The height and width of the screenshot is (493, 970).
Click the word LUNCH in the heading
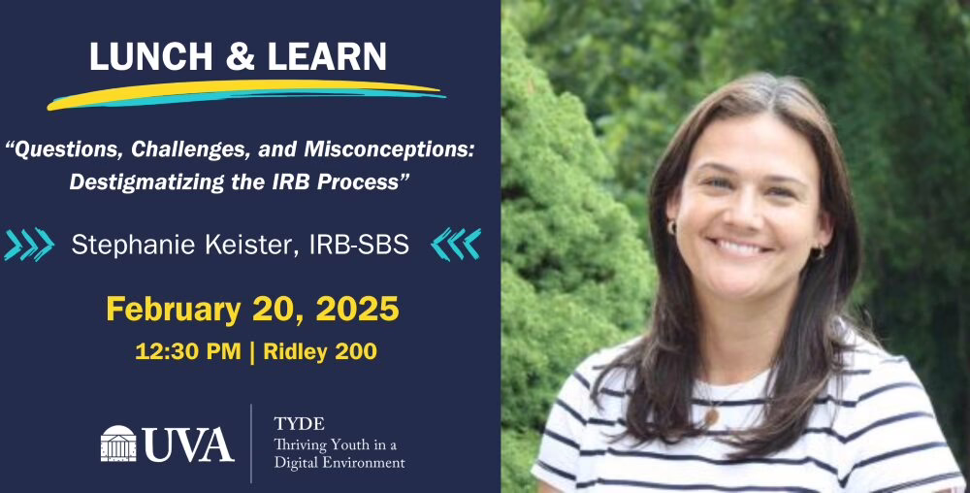tap(151, 57)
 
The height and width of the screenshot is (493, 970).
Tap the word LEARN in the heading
tap(327, 57)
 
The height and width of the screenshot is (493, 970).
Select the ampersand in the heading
tap(241, 57)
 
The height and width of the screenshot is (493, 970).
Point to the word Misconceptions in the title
tap(389, 149)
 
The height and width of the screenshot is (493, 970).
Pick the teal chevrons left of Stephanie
tap(28, 245)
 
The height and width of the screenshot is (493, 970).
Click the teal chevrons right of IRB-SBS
tap(456, 245)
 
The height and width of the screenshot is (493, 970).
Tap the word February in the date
tap(174, 310)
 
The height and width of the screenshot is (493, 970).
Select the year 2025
tap(358, 309)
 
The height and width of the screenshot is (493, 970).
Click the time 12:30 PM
tap(188, 351)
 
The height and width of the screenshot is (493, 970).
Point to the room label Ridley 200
tap(320, 351)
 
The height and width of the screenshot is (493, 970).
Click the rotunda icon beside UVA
tap(118, 443)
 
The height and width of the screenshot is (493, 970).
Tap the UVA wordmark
tap(189, 444)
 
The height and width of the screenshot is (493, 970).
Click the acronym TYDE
tap(299, 424)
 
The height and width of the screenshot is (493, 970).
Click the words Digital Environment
tap(339, 463)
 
